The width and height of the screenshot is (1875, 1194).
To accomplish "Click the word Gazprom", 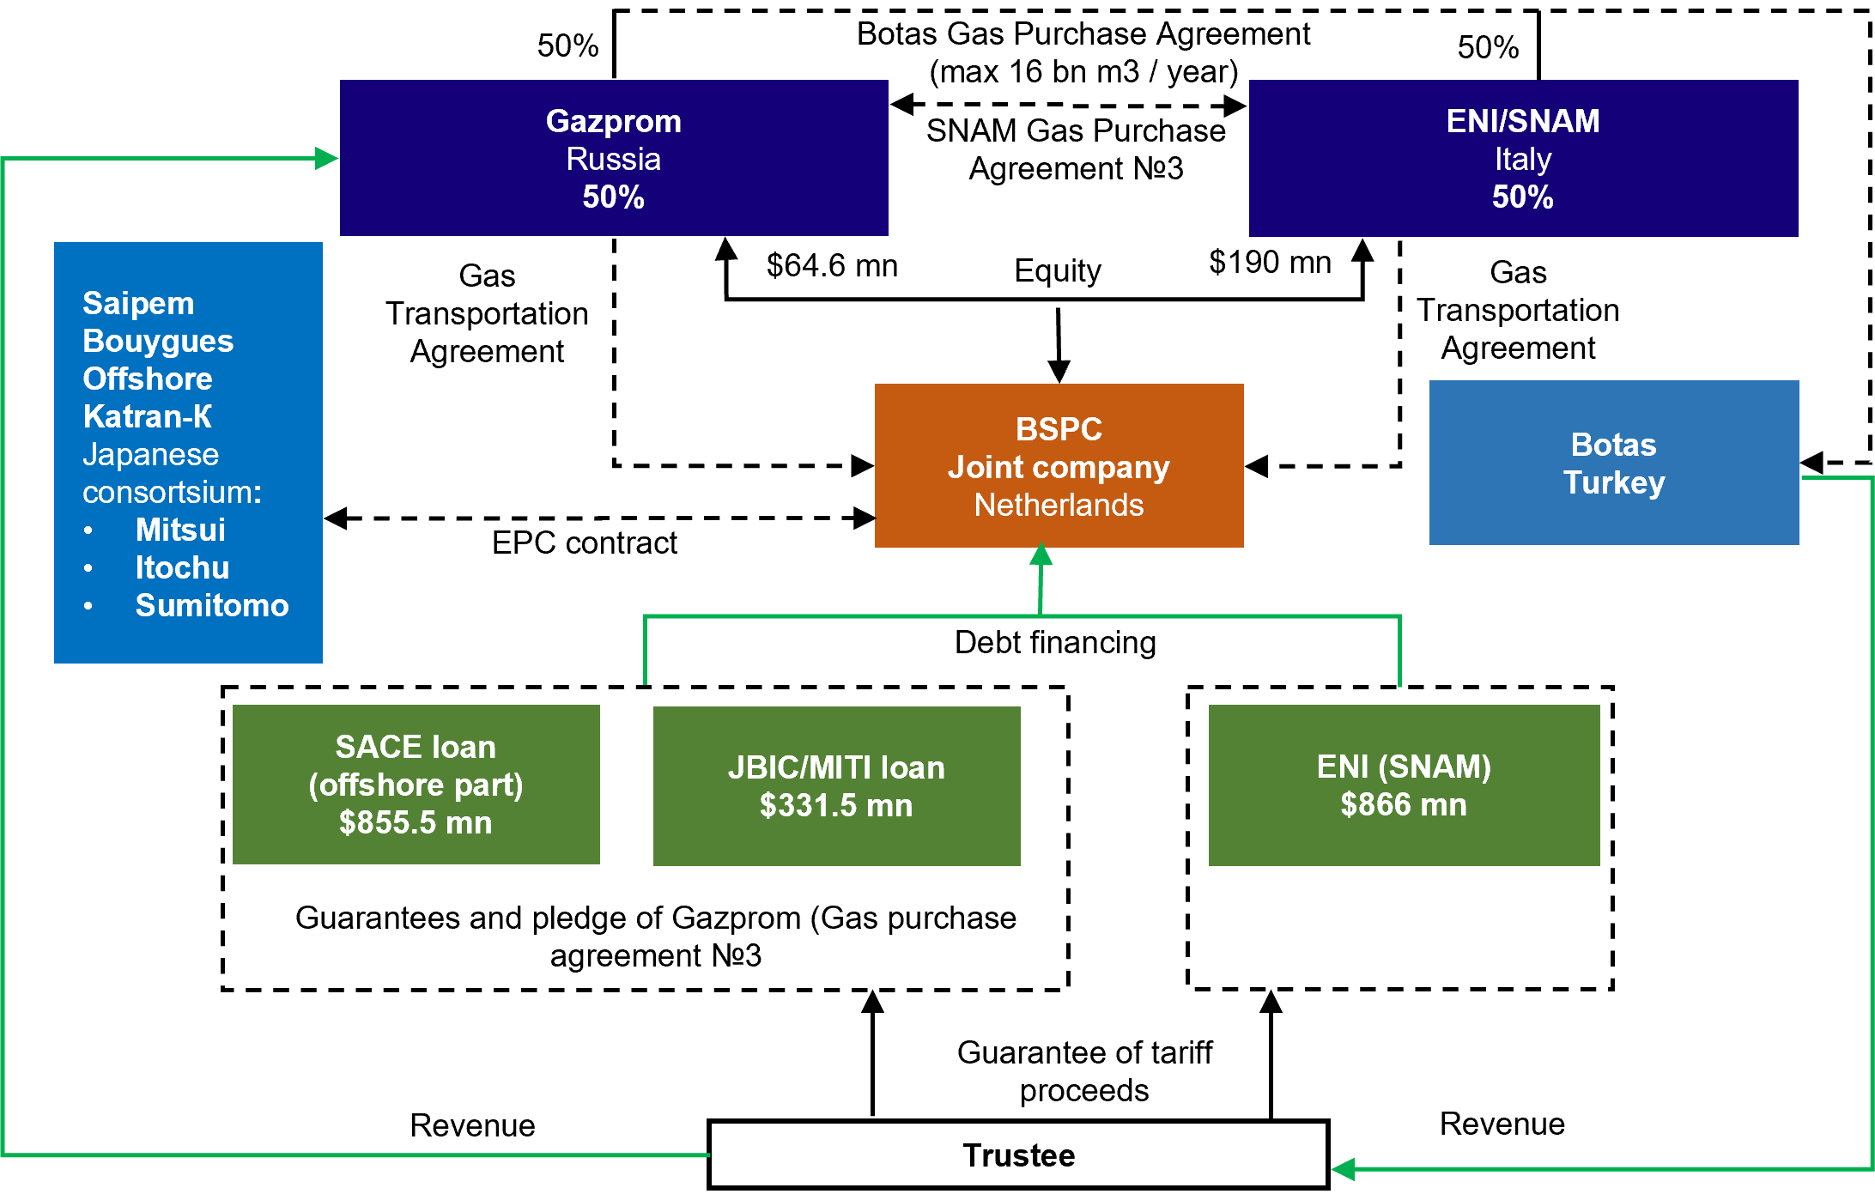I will (x=613, y=121).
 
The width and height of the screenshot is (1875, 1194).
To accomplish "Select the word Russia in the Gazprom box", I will (x=613, y=159).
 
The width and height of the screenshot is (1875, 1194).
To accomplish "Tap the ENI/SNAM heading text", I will (x=1522, y=121).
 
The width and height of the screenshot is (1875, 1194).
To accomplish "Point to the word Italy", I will (x=1522, y=159).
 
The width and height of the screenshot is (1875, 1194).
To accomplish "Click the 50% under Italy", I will (x=1522, y=197).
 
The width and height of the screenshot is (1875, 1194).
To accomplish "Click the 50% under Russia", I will (x=613, y=197).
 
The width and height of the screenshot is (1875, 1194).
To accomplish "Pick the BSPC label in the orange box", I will (x=1059, y=428).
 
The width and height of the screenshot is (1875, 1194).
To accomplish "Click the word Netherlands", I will (x=1059, y=505).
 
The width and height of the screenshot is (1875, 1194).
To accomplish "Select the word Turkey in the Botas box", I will (x=1613, y=482).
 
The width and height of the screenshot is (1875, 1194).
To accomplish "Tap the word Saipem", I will (x=138, y=303).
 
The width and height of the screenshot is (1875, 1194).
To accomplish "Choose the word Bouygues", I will (x=158, y=341).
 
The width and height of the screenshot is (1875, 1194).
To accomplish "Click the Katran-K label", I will (x=147, y=416).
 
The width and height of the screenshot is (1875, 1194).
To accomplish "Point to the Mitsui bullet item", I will (x=180, y=530).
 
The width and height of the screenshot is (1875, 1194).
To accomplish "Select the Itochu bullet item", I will (x=182, y=567).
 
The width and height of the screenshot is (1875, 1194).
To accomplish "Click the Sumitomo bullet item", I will (x=212, y=605).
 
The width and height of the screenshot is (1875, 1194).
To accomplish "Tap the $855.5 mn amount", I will (x=416, y=822).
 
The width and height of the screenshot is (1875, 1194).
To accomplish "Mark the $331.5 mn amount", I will (x=836, y=805).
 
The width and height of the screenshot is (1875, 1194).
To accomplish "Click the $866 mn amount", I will (x=1404, y=804).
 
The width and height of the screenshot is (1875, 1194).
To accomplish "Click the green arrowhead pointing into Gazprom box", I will (x=326, y=158).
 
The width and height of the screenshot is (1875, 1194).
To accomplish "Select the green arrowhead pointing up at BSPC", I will (x=1041, y=555).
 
